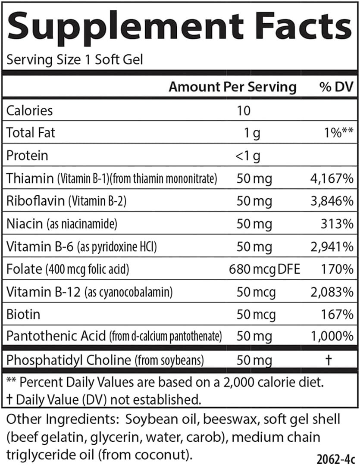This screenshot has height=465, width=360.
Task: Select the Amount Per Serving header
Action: [232, 87]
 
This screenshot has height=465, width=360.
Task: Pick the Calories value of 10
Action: [243, 110]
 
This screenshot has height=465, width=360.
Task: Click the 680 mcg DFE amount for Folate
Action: [264, 270]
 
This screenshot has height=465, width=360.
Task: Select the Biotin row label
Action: [23, 314]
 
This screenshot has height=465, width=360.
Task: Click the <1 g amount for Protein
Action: [248, 156]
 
